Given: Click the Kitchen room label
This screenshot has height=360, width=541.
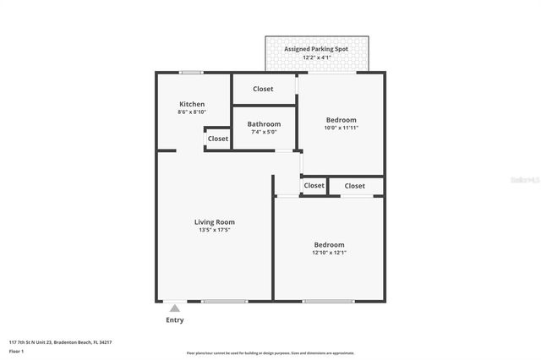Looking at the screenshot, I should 191,104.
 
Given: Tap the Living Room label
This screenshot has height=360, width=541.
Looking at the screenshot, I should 214,221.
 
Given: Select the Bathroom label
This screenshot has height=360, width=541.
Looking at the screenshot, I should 264,124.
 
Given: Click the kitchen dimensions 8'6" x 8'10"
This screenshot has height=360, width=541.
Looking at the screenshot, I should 191,112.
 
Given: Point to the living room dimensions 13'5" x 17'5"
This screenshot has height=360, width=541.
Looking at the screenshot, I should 214,230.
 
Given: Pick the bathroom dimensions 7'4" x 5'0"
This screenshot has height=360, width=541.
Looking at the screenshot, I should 264,132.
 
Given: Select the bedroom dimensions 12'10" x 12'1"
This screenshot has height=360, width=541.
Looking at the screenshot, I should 329,252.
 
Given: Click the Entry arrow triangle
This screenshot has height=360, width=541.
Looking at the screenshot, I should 175,309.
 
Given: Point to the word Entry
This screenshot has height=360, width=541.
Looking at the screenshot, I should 175,320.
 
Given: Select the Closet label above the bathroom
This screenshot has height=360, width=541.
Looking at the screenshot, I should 263,89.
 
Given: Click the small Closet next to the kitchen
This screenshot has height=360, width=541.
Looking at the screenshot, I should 218,139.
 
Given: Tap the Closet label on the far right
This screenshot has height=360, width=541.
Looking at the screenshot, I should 355,186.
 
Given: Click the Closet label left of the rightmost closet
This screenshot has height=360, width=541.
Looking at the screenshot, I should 314,186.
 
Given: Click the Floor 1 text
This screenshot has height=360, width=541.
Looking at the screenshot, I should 17,351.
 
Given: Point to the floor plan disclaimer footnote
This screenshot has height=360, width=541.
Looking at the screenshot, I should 270,353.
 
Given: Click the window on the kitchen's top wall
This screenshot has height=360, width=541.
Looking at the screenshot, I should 191,73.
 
